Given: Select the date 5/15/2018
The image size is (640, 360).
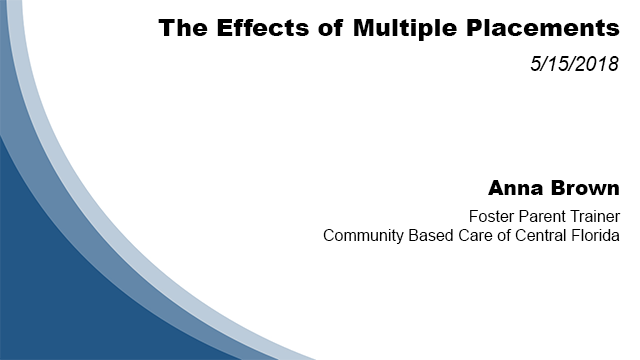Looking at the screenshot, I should pos(575,65).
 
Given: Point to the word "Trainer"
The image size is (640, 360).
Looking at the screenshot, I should pos(593,216).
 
